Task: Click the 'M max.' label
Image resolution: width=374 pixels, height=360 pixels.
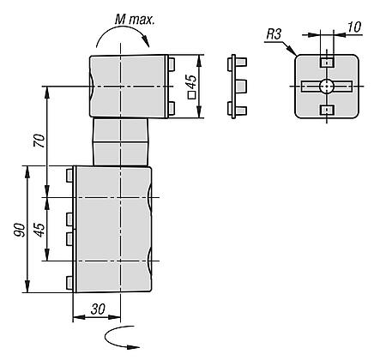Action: click(135, 20)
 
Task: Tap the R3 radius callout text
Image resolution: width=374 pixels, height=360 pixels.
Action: click(274, 34)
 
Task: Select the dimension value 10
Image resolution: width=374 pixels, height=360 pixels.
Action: click(354, 27)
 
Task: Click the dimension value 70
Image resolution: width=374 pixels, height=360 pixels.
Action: click(39, 141)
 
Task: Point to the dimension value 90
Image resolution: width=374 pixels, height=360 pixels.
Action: click(21, 230)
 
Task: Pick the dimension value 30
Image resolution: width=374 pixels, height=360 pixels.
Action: click(98, 309)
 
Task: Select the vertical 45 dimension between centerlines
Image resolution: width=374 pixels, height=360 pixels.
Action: click(39, 230)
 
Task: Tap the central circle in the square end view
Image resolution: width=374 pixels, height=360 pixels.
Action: click(327, 86)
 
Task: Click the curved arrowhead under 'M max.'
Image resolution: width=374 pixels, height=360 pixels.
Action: click(146, 42)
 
